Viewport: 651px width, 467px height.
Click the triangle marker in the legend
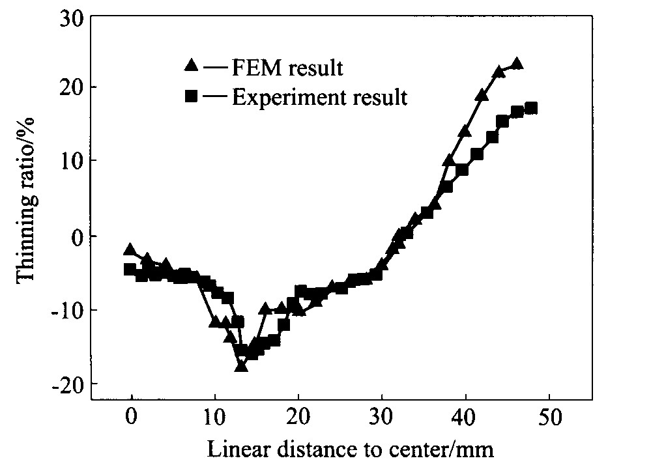pos(191,65)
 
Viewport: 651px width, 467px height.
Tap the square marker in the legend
pos(191,97)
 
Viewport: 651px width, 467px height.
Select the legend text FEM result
pos(287,67)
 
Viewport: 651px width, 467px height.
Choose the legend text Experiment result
pos(320,98)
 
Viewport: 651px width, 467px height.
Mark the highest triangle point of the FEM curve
pos(517,63)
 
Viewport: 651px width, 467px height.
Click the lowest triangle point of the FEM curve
pos(241,366)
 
